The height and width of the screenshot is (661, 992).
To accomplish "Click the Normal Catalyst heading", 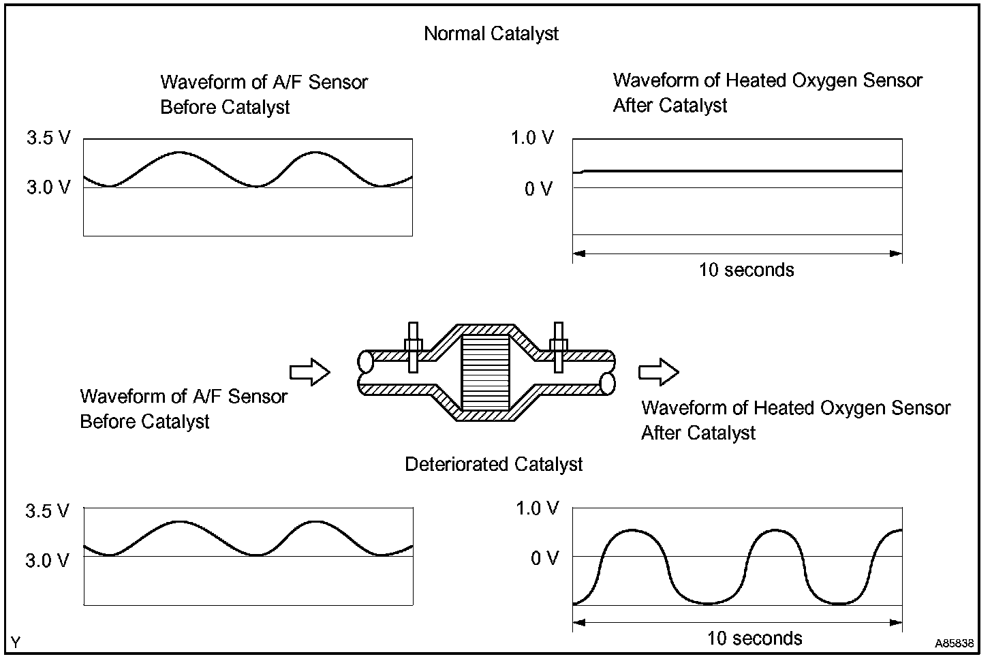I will [x=491, y=33].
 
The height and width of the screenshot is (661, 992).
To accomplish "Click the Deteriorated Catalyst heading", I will [x=494, y=465].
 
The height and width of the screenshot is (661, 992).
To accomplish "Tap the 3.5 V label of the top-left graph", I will [x=48, y=138].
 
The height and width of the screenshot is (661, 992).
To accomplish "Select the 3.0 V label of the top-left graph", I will [x=48, y=187].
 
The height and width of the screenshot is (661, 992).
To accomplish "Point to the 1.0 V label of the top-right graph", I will [x=533, y=138].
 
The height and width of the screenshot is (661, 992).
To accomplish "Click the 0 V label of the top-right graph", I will [x=538, y=189].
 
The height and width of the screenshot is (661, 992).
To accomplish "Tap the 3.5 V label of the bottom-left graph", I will [x=47, y=511].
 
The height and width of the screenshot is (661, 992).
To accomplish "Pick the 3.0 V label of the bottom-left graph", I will [x=47, y=560].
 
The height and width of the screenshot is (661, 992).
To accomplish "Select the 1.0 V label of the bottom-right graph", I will [x=538, y=508].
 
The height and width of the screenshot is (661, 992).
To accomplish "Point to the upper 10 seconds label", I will [x=746, y=270].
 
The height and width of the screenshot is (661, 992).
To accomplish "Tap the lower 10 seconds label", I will [x=754, y=639].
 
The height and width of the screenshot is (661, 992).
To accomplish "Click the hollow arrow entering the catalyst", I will [x=310, y=373].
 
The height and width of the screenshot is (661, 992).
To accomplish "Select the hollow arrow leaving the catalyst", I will [x=658, y=373].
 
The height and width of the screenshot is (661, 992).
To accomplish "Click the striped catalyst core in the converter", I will [x=485, y=373].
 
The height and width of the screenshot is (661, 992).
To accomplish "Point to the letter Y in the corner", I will [x=16, y=643].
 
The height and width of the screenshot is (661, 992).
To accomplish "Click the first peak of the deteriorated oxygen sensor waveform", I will [x=632, y=529].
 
